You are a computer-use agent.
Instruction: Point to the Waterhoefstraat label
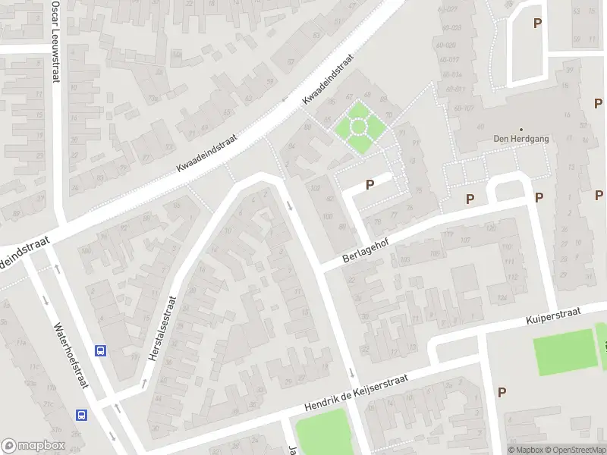coord(69,356)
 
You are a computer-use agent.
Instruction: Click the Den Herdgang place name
coord(521,139)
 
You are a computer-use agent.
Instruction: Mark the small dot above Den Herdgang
coord(521,129)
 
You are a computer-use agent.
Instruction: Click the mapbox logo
coord(33,446)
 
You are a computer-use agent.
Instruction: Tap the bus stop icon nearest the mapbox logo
coord(81,414)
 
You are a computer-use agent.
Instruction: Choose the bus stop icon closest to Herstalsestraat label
coord(99,350)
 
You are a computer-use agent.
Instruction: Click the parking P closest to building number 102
coord(370,184)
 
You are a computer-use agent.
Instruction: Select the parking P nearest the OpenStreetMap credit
coord(502,391)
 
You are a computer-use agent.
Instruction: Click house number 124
coord(502,298)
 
